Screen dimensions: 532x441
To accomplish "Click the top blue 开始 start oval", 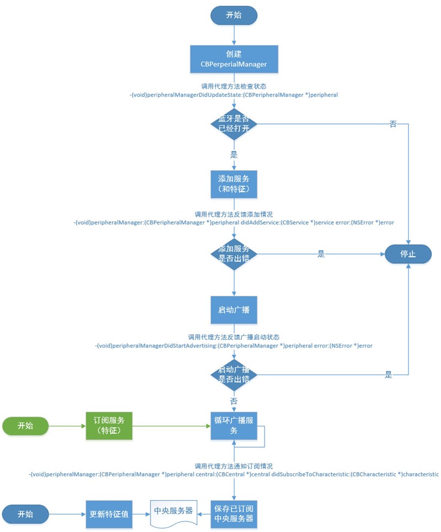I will (234, 15).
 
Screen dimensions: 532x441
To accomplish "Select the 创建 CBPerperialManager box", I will (234, 59).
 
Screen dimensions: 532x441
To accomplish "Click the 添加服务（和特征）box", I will (234, 184).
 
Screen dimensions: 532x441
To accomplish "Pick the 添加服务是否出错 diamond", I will (234, 253).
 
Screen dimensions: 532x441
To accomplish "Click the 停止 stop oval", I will (408, 254).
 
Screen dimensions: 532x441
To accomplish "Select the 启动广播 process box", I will (234, 311).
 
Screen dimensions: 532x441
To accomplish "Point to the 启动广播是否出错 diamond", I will (234, 375).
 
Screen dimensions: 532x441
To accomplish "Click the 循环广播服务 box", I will (234, 425).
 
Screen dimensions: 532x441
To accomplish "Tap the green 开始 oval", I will (25, 425).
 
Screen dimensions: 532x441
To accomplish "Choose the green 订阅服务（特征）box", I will (109, 425).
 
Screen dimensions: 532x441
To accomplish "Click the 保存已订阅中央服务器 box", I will (234, 513).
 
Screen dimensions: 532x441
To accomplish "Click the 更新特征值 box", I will (109, 513).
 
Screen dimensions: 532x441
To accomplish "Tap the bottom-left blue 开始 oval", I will (25, 513).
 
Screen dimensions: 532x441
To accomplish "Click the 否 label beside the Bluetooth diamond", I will (393, 125).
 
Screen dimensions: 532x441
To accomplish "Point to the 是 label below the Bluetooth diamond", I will (234, 155).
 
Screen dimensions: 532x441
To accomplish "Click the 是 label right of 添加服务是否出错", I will (321, 254).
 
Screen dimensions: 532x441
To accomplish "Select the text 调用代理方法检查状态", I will (234, 86).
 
